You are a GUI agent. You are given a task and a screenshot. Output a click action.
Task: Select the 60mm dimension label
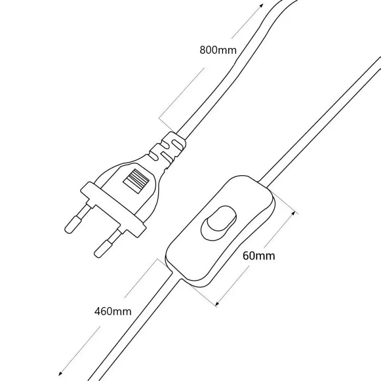click(259, 256)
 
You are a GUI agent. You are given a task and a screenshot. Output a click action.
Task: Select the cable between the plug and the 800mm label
click(210, 95)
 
